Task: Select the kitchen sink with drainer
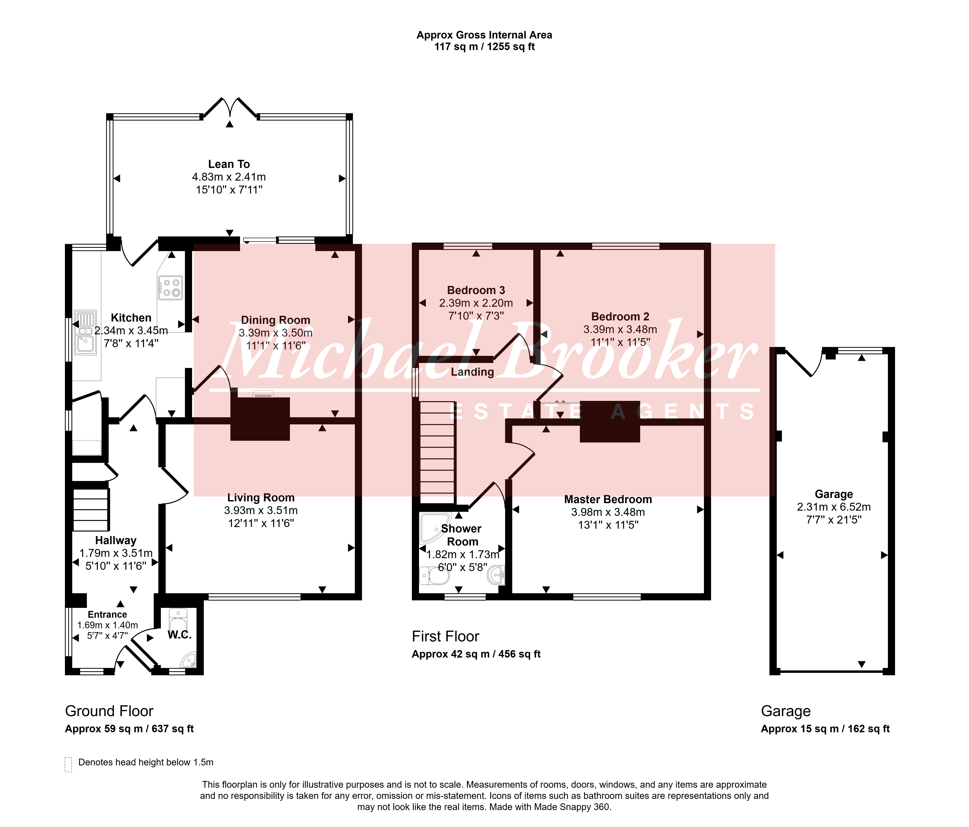pyautogui.click(x=86, y=332)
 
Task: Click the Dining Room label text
pyautogui.click(x=275, y=320)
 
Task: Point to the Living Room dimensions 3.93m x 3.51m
pyautogui.click(x=261, y=510)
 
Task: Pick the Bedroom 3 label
pyautogui.click(x=476, y=290)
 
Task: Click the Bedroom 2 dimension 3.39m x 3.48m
pyautogui.click(x=620, y=330)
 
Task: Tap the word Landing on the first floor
pyautogui.click(x=472, y=372)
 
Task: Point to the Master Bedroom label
pyautogui.click(x=608, y=499)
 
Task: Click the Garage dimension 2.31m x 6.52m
pyautogui.click(x=834, y=507)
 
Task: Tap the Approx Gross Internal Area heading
pyautogui.click(x=484, y=35)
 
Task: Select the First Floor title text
pyautogui.click(x=446, y=637)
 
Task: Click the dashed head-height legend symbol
pyautogui.click(x=68, y=764)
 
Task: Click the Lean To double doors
pyautogui.click(x=230, y=107)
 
